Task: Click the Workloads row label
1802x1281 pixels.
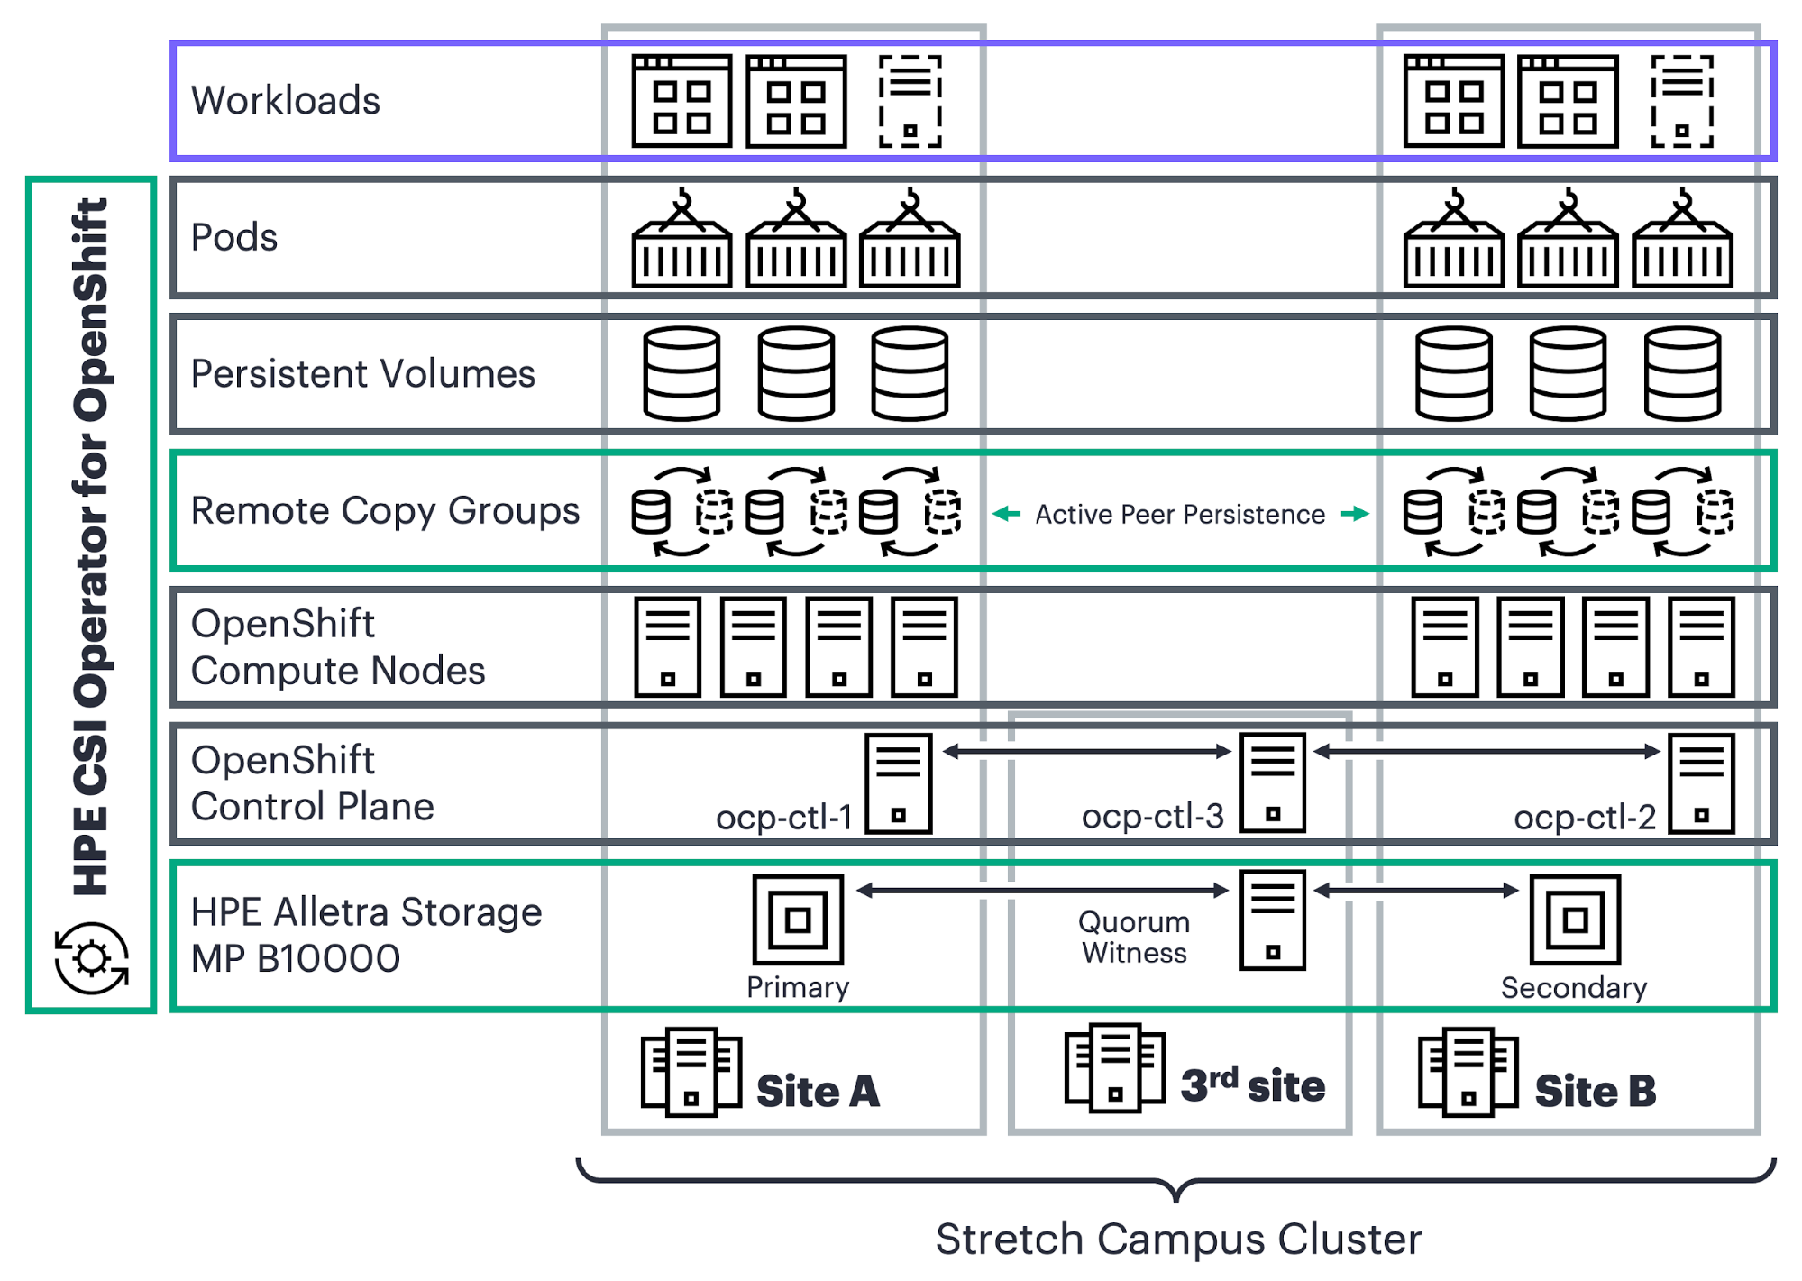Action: pyautogui.click(x=286, y=100)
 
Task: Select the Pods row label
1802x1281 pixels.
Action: pyautogui.click(x=234, y=237)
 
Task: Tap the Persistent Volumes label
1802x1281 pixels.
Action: pyautogui.click(x=363, y=373)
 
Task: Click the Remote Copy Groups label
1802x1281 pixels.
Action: pyautogui.click(x=385, y=510)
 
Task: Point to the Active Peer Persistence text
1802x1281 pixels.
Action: pyautogui.click(x=1180, y=514)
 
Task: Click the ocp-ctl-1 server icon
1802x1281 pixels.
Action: pyautogui.click(x=898, y=783)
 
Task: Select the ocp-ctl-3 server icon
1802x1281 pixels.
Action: pyautogui.click(x=1272, y=782)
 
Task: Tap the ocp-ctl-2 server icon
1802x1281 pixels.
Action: pyautogui.click(x=1701, y=783)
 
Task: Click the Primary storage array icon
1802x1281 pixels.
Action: pyautogui.click(x=798, y=920)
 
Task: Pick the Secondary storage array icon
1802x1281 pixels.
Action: pyautogui.click(x=1575, y=920)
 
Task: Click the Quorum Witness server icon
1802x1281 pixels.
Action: pyautogui.click(x=1272, y=920)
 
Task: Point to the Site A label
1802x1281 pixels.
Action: pyautogui.click(x=818, y=1091)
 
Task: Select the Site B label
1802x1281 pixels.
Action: pyautogui.click(x=1596, y=1091)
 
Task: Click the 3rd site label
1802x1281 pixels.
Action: pyautogui.click(x=1253, y=1085)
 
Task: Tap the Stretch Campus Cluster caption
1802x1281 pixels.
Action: pyautogui.click(x=1178, y=1239)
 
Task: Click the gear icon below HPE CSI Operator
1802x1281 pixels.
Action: pyautogui.click(x=91, y=957)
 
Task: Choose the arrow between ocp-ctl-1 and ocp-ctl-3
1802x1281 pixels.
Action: pyautogui.click(x=1086, y=751)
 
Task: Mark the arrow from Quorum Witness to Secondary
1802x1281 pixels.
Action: pyautogui.click(x=1416, y=891)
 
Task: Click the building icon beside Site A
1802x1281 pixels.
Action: pyautogui.click(x=691, y=1072)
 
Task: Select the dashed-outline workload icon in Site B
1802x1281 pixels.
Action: pyautogui.click(x=1682, y=101)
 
